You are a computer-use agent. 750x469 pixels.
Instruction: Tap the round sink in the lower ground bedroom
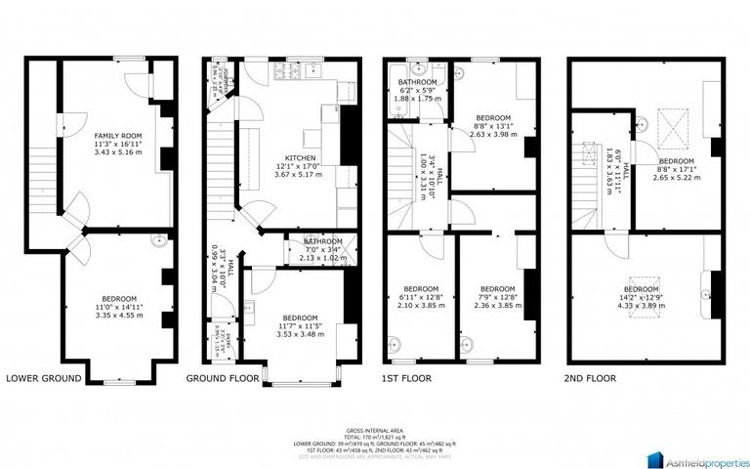(156, 238)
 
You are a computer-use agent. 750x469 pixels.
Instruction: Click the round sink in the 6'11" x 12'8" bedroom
(394, 343)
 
